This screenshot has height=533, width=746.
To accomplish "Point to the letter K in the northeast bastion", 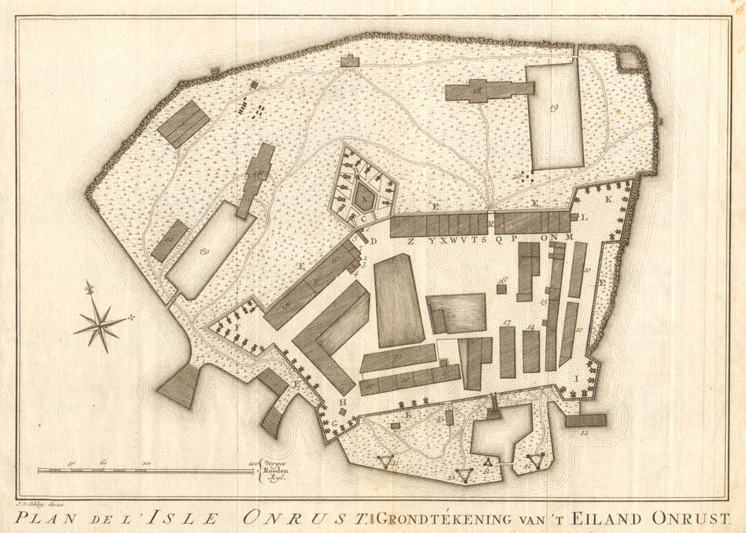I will [608, 200].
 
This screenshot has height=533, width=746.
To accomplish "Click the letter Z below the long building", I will [410, 241].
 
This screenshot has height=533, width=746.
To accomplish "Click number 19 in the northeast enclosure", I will [554, 109].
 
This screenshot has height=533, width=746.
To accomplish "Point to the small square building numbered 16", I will [502, 288].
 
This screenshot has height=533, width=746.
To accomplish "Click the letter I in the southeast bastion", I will [576, 378].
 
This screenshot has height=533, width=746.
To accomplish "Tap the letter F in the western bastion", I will [237, 327].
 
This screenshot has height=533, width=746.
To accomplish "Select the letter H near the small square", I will [342, 403].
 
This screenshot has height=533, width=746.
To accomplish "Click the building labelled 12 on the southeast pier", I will [586, 420].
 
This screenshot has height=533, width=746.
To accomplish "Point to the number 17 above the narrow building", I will [507, 322].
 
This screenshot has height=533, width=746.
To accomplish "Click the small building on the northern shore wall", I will [349, 60].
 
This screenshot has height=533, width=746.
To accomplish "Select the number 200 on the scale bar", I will [254, 463].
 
